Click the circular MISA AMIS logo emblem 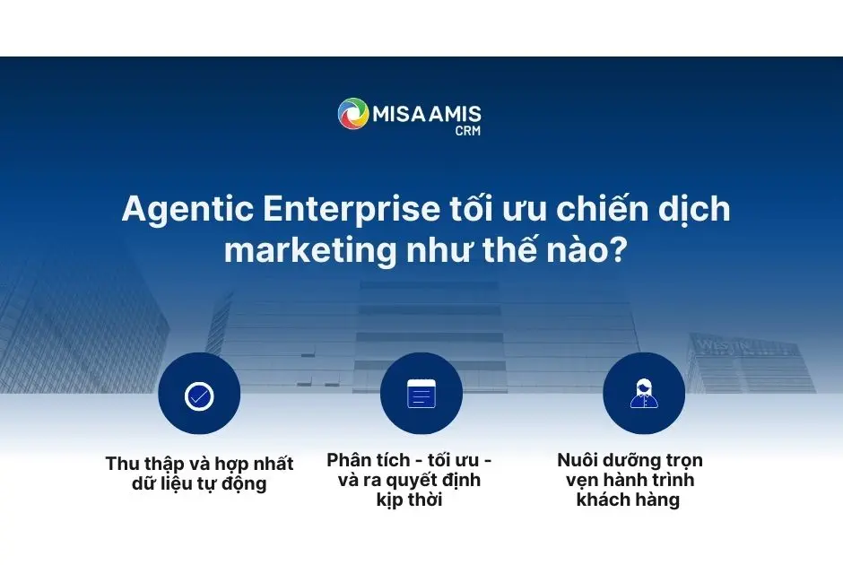click(x=353, y=114)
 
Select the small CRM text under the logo click(x=468, y=131)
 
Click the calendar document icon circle click(x=421, y=394)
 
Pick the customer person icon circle click(x=644, y=394)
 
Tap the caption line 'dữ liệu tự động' click(x=199, y=485)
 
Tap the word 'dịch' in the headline click(x=690, y=210)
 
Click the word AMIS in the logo click(x=452, y=115)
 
